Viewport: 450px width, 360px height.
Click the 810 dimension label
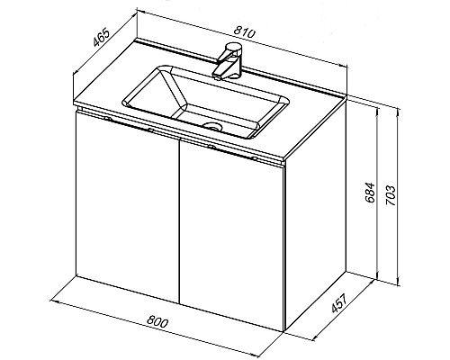coord(245,31)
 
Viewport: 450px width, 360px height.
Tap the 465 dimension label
coord(100,38)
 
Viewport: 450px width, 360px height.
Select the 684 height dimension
coord(371,193)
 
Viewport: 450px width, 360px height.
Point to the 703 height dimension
coord(391,195)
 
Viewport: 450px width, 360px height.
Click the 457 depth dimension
coord(339,303)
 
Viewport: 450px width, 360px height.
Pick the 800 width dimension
coord(157,322)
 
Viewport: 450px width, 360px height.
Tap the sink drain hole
coord(212,126)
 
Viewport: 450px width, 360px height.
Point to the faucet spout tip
coord(217,76)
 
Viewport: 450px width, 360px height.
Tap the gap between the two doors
coord(179,221)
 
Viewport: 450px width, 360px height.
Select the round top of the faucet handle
coord(235,47)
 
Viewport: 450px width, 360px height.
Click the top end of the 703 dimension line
coord(398,109)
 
